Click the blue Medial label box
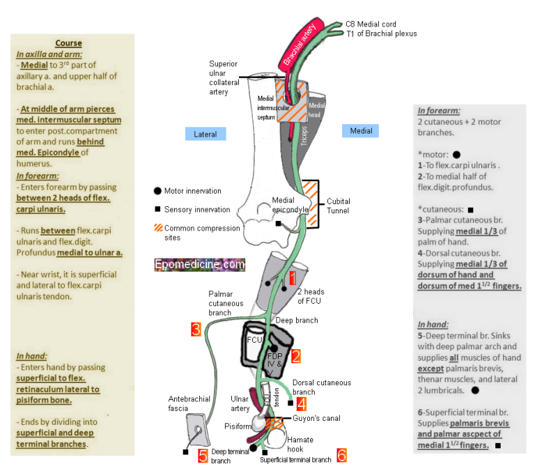tap(362, 131)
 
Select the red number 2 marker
tap(295, 357)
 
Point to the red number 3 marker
tap(196, 329)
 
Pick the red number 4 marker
tap(301, 403)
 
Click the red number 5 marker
tap(203, 456)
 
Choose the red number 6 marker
tap(341, 455)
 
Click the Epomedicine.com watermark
tap(201, 265)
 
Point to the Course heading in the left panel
tap(68, 43)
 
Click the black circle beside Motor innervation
tap(157, 191)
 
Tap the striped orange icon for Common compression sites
tap(158, 229)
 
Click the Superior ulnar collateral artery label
tap(224, 78)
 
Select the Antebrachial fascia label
tap(189, 404)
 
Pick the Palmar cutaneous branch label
tap(226, 303)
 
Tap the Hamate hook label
tap(300, 445)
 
